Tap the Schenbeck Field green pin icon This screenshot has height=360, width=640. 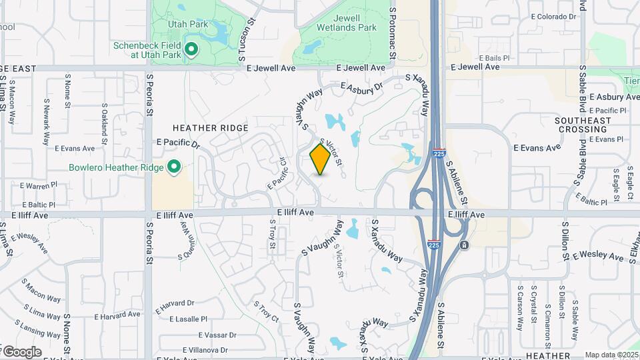tap(191, 49)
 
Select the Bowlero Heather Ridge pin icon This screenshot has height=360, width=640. tap(174, 167)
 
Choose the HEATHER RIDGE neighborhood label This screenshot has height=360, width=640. tap(210, 128)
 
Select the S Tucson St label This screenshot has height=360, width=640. tap(247, 40)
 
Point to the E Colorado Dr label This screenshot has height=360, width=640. tap(553, 17)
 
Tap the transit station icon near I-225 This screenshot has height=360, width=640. tap(464, 245)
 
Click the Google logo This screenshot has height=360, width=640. tap(21, 351)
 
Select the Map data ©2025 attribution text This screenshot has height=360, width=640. tap(611, 355)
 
